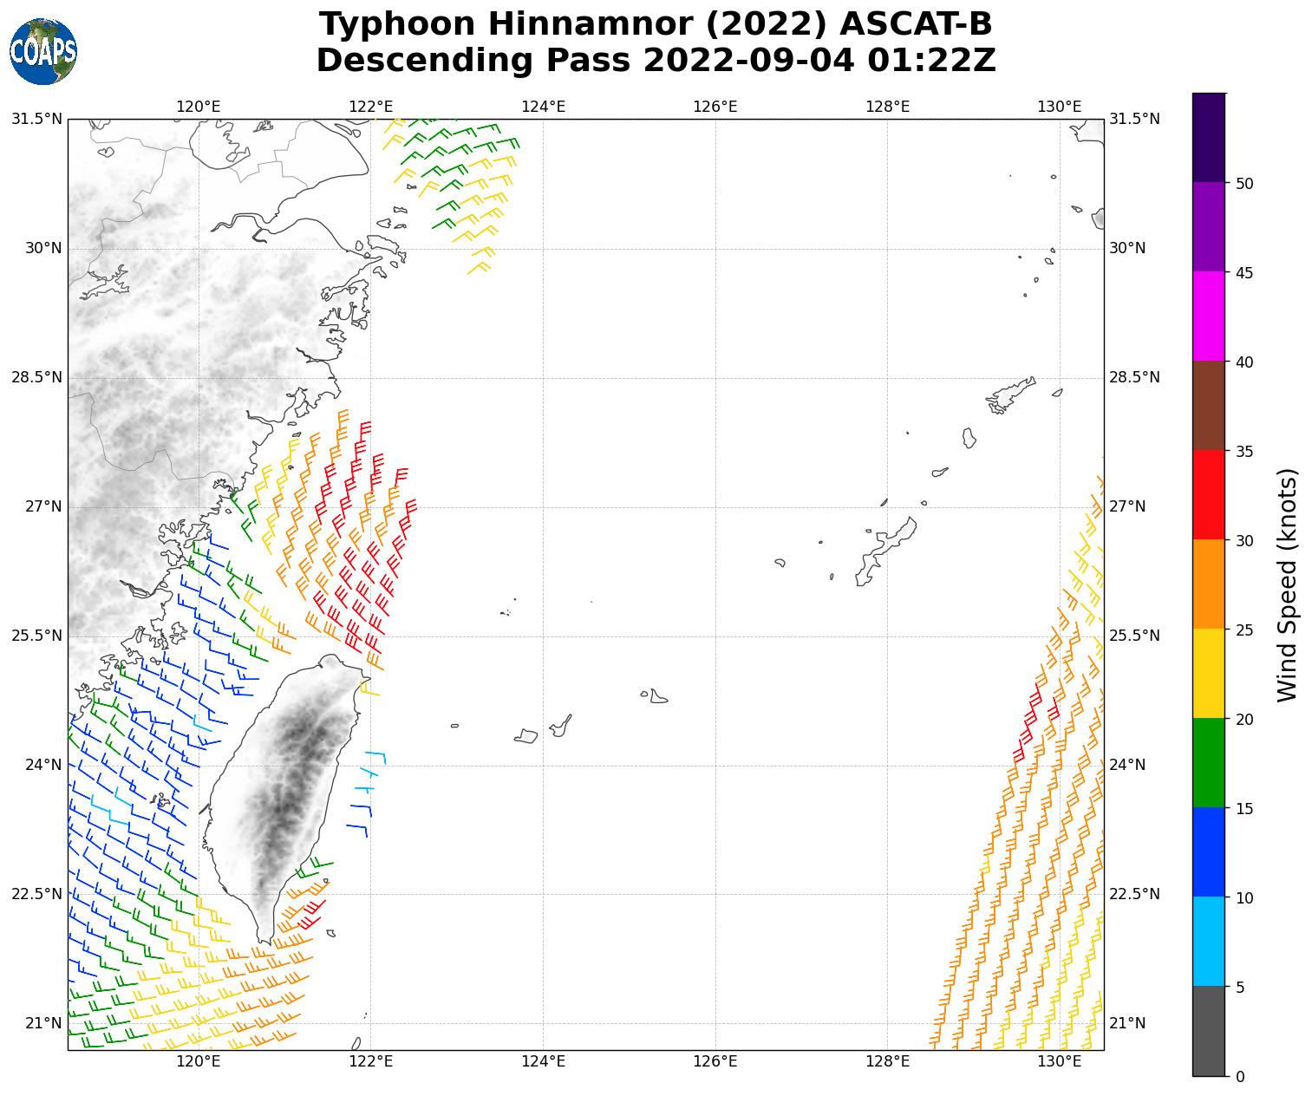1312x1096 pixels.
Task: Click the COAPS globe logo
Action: [42, 52]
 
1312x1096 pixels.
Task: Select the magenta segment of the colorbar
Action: [1208, 316]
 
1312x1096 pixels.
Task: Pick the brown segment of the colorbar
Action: [1208, 406]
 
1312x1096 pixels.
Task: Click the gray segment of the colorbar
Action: [1208, 1031]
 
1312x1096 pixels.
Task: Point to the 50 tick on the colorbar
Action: [1244, 183]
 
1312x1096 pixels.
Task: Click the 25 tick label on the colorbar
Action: [1244, 630]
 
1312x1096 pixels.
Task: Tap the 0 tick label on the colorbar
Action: [1240, 1077]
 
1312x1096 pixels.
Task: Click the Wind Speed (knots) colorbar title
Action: [1288, 585]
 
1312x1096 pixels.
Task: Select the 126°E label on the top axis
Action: [715, 107]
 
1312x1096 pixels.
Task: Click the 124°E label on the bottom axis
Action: [543, 1062]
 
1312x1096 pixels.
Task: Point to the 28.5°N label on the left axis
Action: [36, 377]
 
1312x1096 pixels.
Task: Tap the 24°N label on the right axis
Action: [1127, 765]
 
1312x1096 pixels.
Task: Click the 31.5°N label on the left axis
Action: [36, 119]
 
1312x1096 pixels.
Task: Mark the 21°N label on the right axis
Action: [1127, 1023]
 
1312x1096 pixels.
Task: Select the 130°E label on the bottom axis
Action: [1059, 1062]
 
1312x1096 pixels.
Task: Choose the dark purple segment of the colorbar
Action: [1208, 138]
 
